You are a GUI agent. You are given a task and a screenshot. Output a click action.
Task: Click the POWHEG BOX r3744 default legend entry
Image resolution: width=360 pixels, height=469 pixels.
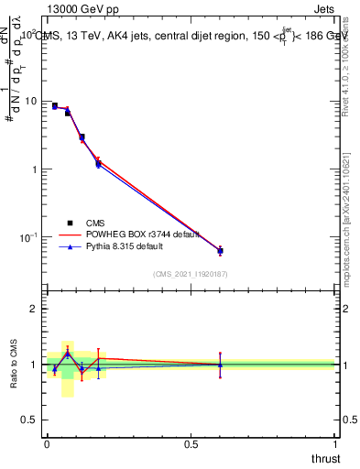coord(127,234)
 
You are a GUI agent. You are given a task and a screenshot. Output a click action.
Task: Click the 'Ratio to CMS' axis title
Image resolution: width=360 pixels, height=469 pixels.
coord(14,363)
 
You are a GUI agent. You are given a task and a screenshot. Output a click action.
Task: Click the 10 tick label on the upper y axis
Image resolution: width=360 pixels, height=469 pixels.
coord(33,102)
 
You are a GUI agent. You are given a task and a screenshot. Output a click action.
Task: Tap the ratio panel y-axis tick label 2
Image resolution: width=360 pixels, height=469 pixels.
coord(37,309)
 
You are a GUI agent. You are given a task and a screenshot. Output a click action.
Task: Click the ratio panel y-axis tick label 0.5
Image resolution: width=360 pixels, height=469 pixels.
coord(32,420)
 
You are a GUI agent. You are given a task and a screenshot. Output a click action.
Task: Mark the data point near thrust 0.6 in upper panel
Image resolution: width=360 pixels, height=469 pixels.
coord(220,250)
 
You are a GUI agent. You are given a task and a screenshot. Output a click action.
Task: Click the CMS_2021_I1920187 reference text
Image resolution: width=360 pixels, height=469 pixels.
coord(191,274)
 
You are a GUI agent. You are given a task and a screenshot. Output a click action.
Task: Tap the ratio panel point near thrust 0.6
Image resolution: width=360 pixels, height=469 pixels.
coord(220,365)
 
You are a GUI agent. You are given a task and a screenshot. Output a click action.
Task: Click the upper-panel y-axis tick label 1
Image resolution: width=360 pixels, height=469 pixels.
coord(37,169)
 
